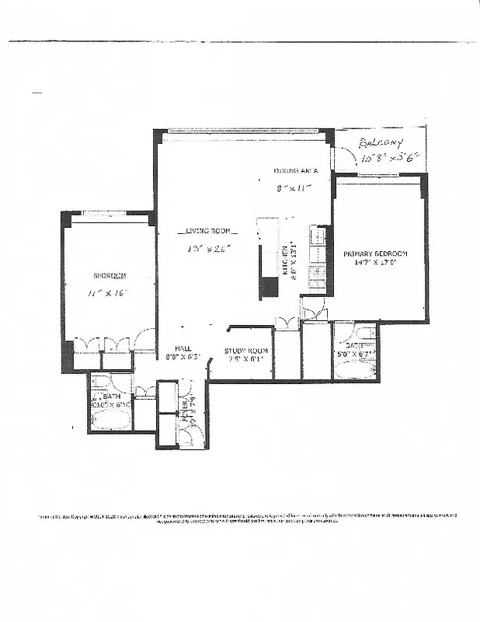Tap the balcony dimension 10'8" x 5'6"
coord(390,157)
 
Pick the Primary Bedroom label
coord(376,254)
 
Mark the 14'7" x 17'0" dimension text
coord(376,264)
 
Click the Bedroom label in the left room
coord(110,275)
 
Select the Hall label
coord(184,348)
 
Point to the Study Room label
coord(246,351)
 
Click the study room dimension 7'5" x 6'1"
coord(246,358)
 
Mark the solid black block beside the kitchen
coord(269,288)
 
